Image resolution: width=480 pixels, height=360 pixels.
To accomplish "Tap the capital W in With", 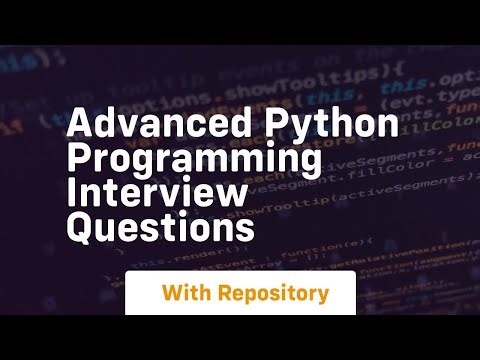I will [x=172, y=294].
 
